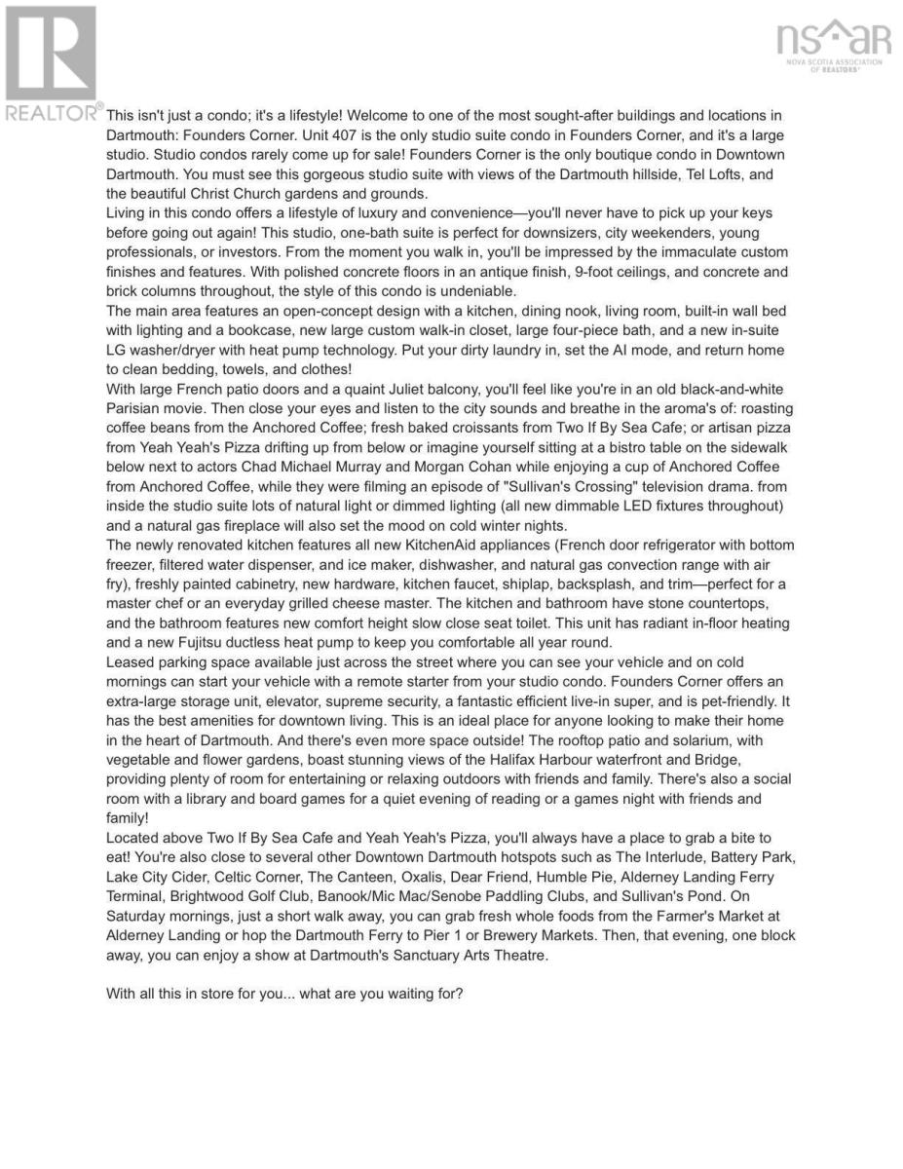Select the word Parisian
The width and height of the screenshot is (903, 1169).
(x=136, y=408)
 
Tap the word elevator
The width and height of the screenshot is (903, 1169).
(x=276, y=700)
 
